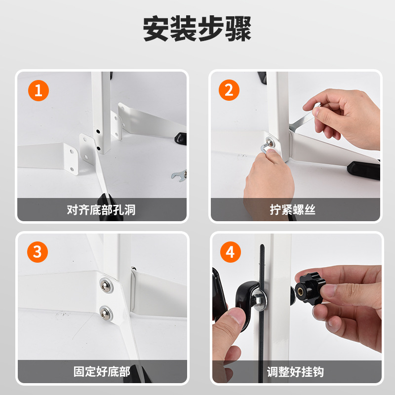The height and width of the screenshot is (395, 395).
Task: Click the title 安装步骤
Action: click(197, 28)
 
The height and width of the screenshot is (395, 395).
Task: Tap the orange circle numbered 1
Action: click(39, 90)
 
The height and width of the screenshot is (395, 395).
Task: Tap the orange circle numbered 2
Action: click(229, 90)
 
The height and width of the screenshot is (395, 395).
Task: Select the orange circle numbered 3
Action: click(38, 252)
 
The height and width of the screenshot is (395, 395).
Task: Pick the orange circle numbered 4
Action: click(230, 252)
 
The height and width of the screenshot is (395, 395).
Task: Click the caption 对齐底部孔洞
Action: click(101, 210)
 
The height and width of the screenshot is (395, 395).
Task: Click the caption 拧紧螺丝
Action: click(292, 209)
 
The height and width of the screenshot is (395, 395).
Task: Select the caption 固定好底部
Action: click(102, 372)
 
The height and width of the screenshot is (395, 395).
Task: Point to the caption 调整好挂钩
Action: click(295, 372)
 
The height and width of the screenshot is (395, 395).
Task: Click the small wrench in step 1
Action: click(179, 175)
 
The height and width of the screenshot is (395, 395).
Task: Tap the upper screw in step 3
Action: click(106, 285)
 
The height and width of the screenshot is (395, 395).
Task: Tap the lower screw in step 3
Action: click(106, 313)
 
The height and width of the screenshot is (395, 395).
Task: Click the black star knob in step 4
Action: click(310, 289)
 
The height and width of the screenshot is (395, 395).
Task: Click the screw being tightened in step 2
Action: click(270, 143)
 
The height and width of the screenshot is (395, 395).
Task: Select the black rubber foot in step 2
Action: click(363, 170)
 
